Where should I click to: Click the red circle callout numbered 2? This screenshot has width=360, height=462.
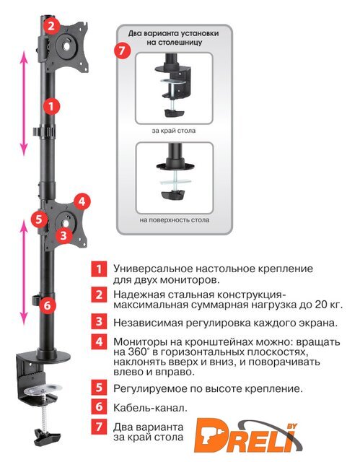pyautogui.click(x=51, y=26)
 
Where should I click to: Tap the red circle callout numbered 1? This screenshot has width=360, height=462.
pyautogui.click(x=51, y=106)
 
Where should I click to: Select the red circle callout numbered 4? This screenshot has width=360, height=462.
pyautogui.click(x=82, y=202)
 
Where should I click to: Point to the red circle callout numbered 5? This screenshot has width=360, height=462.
pyautogui.click(x=40, y=219)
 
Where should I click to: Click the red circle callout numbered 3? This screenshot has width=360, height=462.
pyautogui.click(x=63, y=235)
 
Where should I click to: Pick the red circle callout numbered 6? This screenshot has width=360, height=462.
pyautogui.click(x=48, y=305)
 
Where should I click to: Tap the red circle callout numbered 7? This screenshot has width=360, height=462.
pyautogui.click(x=122, y=51)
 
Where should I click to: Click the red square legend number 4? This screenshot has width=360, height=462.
pyautogui.click(x=100, y=341)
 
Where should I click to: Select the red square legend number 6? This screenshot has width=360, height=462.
pyautogui.click(x=100, y=406)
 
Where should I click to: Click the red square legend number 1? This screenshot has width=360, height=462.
pyautogui.click(x=100, y=269)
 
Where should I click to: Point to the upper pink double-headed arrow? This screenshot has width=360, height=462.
pyautogui.click(x=24, y=103)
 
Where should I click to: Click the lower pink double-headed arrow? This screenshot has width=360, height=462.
pyautogui.click(x=24, y=273)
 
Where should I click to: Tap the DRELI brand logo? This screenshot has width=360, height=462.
pyautogui.click(x=247, y=435)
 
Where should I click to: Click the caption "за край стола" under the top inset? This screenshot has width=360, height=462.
pyautogui.click(x=174, y=131)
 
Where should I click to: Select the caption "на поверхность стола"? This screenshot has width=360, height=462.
pyautogui.click(x=175, y=219)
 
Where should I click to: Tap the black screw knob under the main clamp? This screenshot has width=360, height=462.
pyautogui.click(x=47, y=437)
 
